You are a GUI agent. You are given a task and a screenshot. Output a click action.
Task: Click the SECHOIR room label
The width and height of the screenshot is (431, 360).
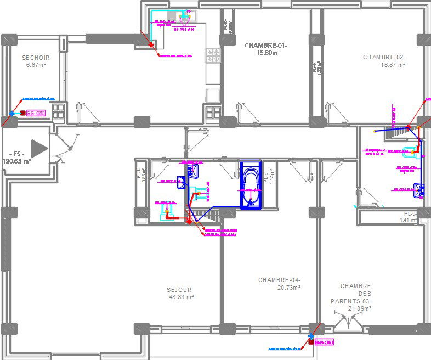36,57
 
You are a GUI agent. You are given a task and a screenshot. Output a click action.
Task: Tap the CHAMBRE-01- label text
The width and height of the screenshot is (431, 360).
266,45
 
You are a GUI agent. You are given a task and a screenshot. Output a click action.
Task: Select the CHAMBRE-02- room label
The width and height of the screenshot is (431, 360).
384,57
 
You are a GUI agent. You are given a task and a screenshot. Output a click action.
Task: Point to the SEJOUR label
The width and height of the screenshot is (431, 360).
179,290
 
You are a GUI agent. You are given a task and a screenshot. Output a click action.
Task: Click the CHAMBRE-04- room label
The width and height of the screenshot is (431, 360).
279,280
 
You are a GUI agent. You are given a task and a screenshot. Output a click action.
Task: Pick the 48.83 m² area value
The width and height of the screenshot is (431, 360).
182,297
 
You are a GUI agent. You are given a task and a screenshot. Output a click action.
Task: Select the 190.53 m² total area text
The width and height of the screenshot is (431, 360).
16,161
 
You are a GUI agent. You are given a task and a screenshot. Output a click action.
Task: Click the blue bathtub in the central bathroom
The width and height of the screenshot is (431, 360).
251,185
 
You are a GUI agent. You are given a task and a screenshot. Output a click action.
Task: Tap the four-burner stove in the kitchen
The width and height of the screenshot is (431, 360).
213,55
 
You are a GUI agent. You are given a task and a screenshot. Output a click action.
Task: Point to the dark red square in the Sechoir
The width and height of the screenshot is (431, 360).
22,113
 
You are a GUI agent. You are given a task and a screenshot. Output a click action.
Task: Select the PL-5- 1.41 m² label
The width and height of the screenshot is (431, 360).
410,217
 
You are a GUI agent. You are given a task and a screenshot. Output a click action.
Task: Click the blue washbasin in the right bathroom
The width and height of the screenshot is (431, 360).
419,190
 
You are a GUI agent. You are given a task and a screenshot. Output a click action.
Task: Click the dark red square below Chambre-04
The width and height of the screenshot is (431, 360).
311,342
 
